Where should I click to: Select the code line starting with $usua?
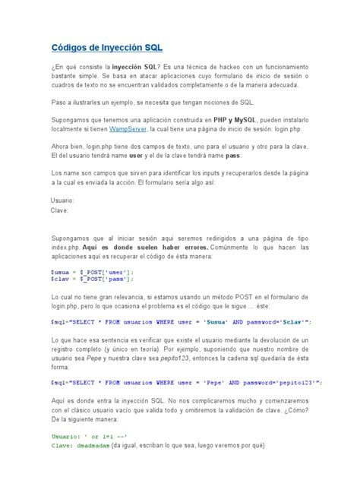tap(92, 270)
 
